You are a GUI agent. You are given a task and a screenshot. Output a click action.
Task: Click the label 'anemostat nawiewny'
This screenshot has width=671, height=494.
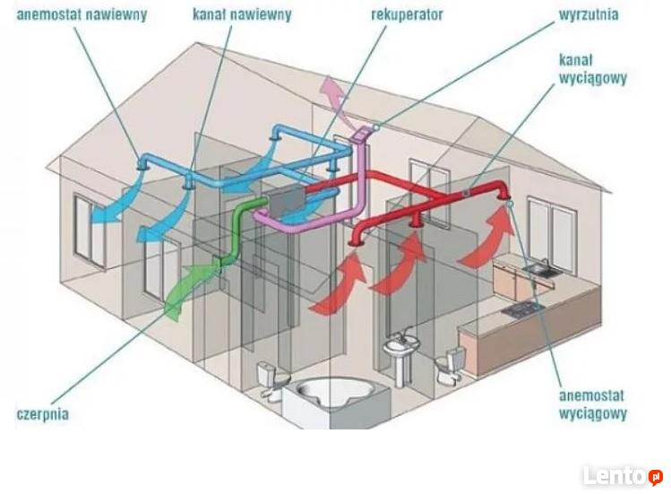pyautogui.click(x=82, y=14)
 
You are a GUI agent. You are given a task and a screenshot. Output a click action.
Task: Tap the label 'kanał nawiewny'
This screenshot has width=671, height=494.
pyautogui.click(x=242, y=14)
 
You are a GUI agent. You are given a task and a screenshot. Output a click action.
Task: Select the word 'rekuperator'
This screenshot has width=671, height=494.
pyautogui.click(x=407, y=14)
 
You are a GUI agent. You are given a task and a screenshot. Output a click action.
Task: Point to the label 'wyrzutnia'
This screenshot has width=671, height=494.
pyautogui.click(x=589, y=14)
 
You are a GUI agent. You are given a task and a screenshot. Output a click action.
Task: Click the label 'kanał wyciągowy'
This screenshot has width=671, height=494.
pyautogui.click(x=593, y=69)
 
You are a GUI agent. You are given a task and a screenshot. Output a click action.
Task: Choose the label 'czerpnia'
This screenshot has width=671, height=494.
pyautogui.click(x=42, y=414)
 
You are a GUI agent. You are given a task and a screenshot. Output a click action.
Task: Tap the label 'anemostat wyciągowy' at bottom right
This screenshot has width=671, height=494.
pyautogui.click(x=593, y=404)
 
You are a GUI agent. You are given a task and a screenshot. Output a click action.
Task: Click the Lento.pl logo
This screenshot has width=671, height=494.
pyautogui.click(x=623, y=475)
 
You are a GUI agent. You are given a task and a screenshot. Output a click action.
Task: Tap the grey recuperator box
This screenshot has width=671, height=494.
pyautogui.click(x=287, y=201)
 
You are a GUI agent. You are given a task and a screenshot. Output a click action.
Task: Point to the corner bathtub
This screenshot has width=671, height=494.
pyautogui.click(x=330, y=394)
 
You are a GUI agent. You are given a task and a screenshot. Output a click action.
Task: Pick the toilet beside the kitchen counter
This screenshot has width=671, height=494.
pyautogui.click(x=451, y=363)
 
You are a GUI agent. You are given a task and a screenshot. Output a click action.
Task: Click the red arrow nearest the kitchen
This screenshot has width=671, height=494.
pyautogui.click(x=488, y=238)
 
